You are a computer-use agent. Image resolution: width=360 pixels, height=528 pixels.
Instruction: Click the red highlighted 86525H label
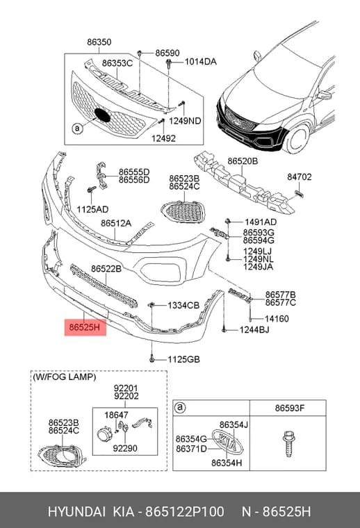tap(85, 327)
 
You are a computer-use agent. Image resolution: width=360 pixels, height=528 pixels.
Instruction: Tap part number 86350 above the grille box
tap(99, 42)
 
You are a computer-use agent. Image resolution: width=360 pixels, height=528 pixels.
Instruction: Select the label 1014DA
tap(200, 62)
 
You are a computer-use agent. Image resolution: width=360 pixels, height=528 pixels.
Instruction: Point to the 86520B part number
tap(243, 161)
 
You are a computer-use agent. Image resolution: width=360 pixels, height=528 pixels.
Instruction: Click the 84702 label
tap(299, 176)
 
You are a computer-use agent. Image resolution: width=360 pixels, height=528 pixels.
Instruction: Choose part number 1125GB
tap(184, 359)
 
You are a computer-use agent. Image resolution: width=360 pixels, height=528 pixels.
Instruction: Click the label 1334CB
tap(183, 306)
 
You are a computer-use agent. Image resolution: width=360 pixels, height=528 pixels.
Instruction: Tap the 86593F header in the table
tap(290, 408)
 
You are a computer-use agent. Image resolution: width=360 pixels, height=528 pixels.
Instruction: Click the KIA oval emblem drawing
tap(227, 442)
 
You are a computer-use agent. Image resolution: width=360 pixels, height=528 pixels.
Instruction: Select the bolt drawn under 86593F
tap(288, 444)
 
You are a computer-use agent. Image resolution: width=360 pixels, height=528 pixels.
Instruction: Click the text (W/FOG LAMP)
tap(65, 377)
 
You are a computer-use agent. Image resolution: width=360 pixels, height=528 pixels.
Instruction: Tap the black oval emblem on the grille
tap(102, 115)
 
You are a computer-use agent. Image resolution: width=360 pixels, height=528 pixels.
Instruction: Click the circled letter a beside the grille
tap(77, 129)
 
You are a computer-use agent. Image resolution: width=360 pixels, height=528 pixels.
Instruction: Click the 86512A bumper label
tap(116, 223)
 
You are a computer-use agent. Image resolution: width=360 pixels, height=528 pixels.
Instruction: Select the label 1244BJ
tap(254, 330)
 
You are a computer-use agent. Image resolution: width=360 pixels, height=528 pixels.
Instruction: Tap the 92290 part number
tap(125, 449)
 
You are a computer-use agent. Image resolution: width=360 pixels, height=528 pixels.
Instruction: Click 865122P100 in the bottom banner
tap(185, 511)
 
